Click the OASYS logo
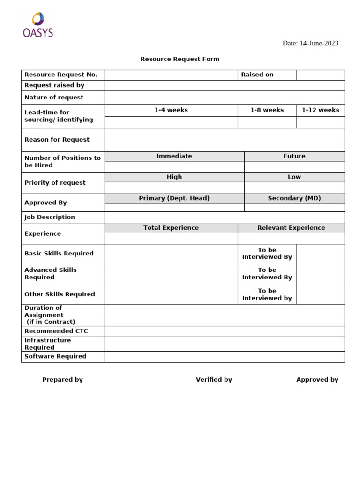click(38, 25)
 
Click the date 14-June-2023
click(310, 43)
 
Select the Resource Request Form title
click(180, 59)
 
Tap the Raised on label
click(257, 75)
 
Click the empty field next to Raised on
click(320, 75)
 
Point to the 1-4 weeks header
click(171, 110)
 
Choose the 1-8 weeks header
click(267, 110)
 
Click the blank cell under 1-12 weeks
click(320, 122)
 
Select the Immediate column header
click(174, 156)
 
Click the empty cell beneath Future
click(294, 167)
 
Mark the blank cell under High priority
click(174, 188)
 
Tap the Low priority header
click(294, 177)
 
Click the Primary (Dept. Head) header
click(174, 198)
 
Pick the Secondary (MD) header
click(294, 198)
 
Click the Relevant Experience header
click(291, 228)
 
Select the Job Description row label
click(50, 217)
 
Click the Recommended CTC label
click(56, 331)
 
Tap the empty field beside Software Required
click(225, 357)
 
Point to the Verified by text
click(214, 380)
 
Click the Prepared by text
click(62, 380)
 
